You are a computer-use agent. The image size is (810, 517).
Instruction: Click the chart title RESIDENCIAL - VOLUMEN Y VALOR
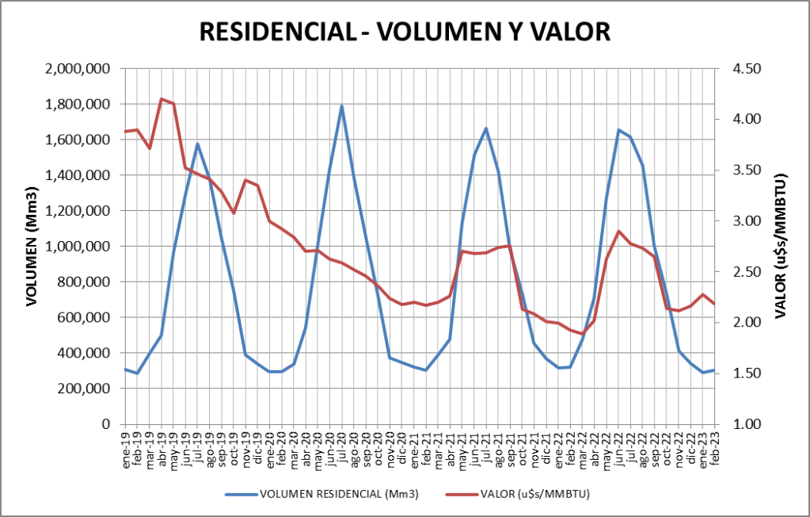[405, 31]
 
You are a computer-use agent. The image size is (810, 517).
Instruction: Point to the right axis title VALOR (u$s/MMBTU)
[780, 247]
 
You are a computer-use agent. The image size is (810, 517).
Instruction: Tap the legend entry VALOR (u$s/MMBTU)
[534, 494]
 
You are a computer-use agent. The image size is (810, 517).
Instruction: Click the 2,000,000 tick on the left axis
[78, 69]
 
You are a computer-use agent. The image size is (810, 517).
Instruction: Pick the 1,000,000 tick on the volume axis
[78, 247]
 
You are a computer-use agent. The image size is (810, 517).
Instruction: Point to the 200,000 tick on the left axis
[85, 389]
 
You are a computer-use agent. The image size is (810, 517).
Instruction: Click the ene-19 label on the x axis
[126, 450]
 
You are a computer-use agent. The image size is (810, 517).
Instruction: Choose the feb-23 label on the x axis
[714, 450]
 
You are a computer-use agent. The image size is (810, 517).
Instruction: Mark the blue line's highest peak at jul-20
[342, 106]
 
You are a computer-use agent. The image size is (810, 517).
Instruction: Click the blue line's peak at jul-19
[197, 144]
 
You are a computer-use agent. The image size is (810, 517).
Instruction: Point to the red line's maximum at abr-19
[162, 99]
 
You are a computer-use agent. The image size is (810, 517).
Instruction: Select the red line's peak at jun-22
[618, 232]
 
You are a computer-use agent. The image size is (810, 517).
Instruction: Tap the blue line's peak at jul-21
[486, 128]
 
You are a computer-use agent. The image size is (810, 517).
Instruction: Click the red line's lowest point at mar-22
[582, 334]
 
